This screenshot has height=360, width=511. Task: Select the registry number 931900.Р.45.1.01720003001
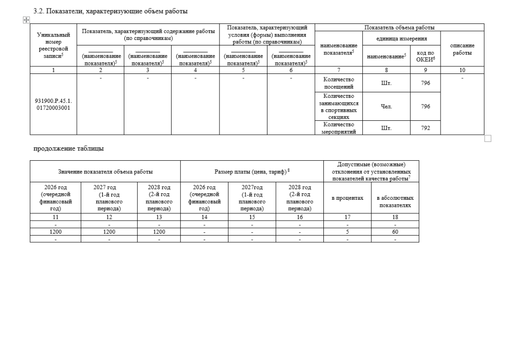click(x=53, y=104)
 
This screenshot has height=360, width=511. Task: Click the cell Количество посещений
click(x=339, y=83)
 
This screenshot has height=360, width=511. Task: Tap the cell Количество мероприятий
click(x=339, y=128)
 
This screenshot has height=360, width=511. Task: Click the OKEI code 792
click(x=425, y=128)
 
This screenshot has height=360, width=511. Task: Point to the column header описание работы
click(x=462, y=49)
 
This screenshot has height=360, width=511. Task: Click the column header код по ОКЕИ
click(x=425, y=57)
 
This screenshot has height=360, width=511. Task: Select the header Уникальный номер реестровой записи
click(x=53, y=46)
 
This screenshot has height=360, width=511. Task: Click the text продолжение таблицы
click(x=68, y=148)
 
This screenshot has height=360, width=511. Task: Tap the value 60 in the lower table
click(x=395, y=232)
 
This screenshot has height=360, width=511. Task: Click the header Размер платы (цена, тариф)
click(x=252, y=171)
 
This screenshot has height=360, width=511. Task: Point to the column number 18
click(x=395, y=217)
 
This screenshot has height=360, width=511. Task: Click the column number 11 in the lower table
click(x=55, y=217)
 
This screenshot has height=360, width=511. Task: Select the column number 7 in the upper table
click(x=339, y=70)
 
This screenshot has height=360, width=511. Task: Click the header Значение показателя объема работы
click(x=105, y=171)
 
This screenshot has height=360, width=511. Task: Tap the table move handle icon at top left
click(x=26, y=19)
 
